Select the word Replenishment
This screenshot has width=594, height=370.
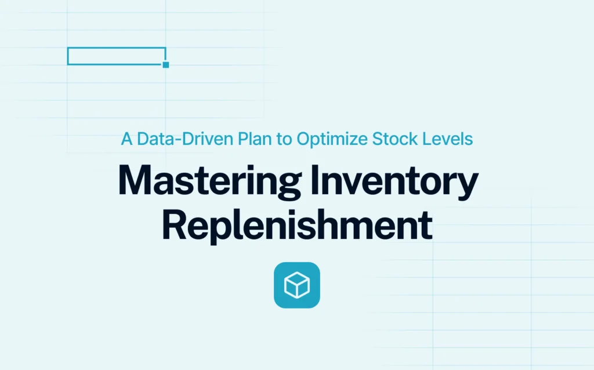297,226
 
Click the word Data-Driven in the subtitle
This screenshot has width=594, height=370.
185,139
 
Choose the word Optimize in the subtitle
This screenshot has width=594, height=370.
332,139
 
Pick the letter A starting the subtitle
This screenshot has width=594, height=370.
126,139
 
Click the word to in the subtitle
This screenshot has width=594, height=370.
284,139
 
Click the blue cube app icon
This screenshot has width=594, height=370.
297,285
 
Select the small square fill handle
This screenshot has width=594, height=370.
165,65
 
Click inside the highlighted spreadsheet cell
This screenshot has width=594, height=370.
116,56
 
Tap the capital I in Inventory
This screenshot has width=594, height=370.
314,180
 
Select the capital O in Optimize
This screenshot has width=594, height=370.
304,139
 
